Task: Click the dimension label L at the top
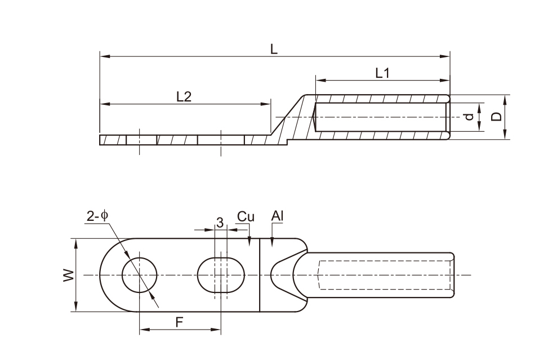pos(274,50)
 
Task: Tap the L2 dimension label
pos(184,96)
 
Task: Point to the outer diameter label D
pos(496,117)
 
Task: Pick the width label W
pos(68,275)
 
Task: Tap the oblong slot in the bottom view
pos(221,275)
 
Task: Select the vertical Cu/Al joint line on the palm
pos(260,282)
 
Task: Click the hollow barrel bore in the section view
pos(381,117)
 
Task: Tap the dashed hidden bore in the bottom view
pos(386,275)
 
